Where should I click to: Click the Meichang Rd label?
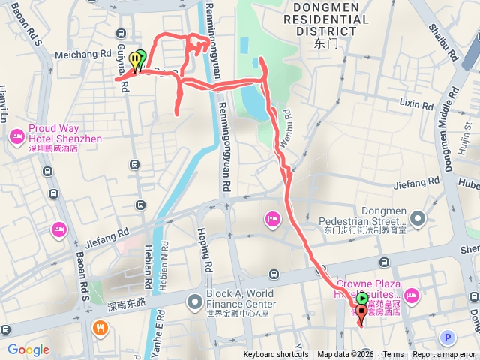84,55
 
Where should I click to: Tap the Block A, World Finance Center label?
241,298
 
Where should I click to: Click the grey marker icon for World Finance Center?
195,302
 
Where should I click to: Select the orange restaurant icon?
99,328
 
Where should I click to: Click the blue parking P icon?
448,337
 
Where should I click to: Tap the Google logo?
28,349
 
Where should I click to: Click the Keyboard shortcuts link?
276,355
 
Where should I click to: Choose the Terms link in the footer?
393,355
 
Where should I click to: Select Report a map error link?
445,355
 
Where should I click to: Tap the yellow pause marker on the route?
134,58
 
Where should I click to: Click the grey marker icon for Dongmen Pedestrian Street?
418,219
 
